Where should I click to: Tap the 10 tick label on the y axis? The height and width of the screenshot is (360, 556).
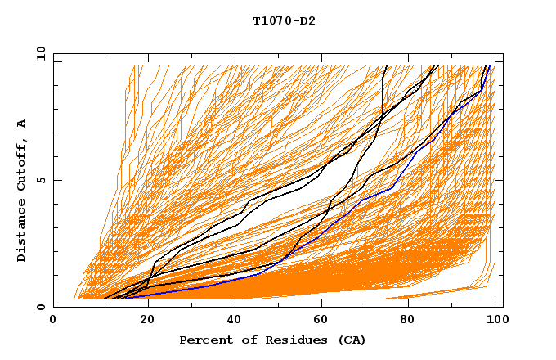pos(38,53)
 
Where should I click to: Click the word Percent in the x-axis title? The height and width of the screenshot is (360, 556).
pos(204,340)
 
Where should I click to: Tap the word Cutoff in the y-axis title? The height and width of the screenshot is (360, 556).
pos(21,163)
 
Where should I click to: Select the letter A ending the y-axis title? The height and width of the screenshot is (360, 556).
pos(21,123)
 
